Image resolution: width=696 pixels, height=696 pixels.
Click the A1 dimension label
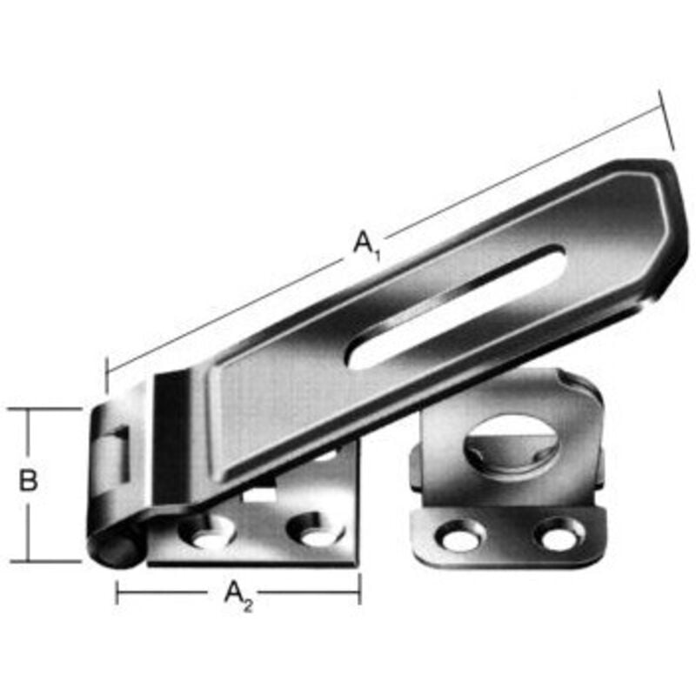[x=366, y=244]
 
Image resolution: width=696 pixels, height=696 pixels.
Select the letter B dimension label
[x=29, y=480]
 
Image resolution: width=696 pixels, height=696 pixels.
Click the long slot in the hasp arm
[x=456, y=307]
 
